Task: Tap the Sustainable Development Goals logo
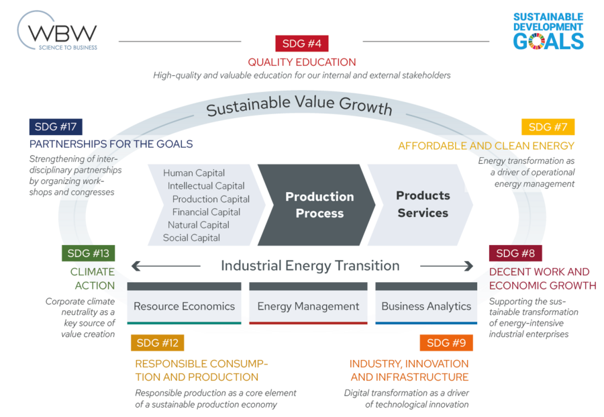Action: (x=548, y=32)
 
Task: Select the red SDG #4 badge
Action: (x=301, y=44)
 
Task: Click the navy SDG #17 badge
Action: (x=56, y=126)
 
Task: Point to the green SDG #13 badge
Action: (x=88, y=253)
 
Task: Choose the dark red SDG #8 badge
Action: (x=515, y=253)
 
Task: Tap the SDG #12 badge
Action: (x=157, y=343)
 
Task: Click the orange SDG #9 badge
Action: (x=446, y=343)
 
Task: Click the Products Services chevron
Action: (x=422, y=204)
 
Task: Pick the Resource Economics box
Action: (x=184, y=306)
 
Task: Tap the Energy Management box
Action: (x=308, y=306)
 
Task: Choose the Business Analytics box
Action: (x=426, y=306)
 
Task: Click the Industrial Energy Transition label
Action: (x=310, y=266)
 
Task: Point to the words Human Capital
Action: (x=194, y=173)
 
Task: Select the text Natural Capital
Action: (x=199, y=225)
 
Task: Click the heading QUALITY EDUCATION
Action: (x=301, y=62)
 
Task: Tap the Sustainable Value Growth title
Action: (x=299, y=106)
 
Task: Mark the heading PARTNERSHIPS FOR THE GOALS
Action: (x=111, y=144)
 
